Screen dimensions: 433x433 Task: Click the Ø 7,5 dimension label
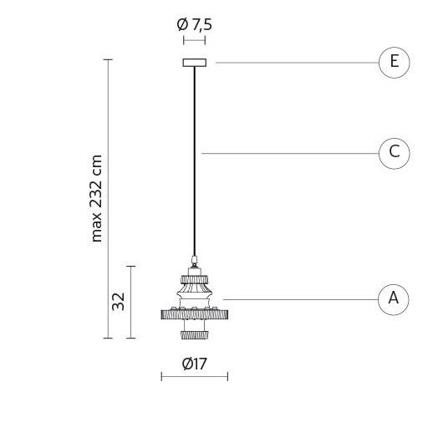click(194, 25)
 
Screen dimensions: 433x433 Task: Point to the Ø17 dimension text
click(194, 364)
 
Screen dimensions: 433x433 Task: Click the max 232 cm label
click(96, 198)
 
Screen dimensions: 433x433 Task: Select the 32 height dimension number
click(118, 302)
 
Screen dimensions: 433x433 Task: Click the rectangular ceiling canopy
click(195, 63)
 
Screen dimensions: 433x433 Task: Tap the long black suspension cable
click(195, 161)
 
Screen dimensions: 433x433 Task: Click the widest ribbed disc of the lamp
click(195, 314)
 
